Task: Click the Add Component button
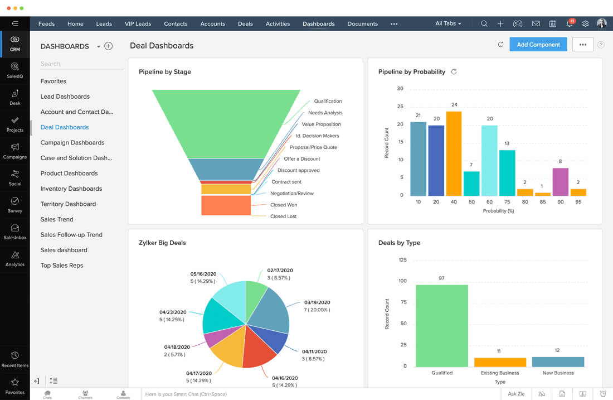pyautogui.click(x=538, y=45)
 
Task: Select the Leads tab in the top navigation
pyautogui.click(x=104, y=24)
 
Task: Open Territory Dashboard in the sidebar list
pyautogui.click(x=68, y=204)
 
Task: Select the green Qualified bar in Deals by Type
pyautogui.click(x=441, y=325)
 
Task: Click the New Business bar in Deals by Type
pyautogui.click(x=558, y=362)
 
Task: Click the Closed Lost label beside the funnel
pyautogui.click(x=283, y=216)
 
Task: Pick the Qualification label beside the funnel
pyautogui.click(x=328, y=102)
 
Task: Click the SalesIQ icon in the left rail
pyautogui.click(x=15, y=70)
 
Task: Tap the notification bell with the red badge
pyautogui.click(x=569, y=24)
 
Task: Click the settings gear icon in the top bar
pyautogui.click(x=585, y=24)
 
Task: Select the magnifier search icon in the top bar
pyautogui.click(x=484, y=24)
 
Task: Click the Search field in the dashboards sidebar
pyautogui.click(x=81, y=64)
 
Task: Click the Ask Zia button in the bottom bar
pyautogui.click(x=516, y=394)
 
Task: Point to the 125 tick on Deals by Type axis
pyautogui.click(x=402, y=260)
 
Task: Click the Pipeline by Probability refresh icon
pyautogui.click(x=454, y=72)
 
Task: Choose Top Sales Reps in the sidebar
pyautogui.click(x=62, y=266)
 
